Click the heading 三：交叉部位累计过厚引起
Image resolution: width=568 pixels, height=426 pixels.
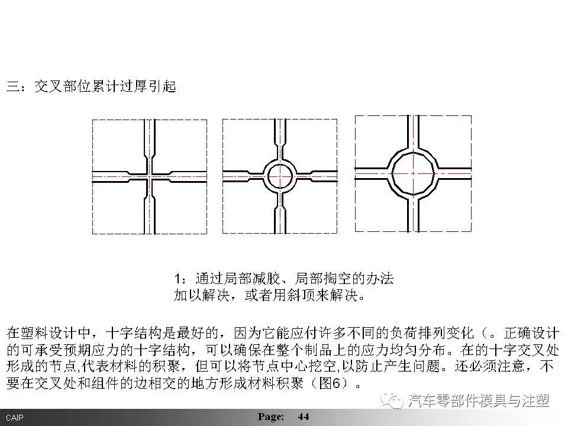pyautogui.click(x=91, y=86)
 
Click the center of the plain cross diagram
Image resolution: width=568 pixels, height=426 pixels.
pyautogui.click(x=150, y=176)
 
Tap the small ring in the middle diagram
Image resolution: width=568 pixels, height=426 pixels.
pyautogui.click(x=279, y=176)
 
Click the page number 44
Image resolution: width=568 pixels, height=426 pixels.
pyautogui.click(x=303, y=417)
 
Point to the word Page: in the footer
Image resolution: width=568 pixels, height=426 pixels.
pyautogui.click(x=271, y=417)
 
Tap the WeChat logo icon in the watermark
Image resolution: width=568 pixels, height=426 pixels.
pyautogui.click(x=393, y=401)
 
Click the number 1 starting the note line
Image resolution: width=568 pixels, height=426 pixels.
pyautogui.click(x=177, y=278)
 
